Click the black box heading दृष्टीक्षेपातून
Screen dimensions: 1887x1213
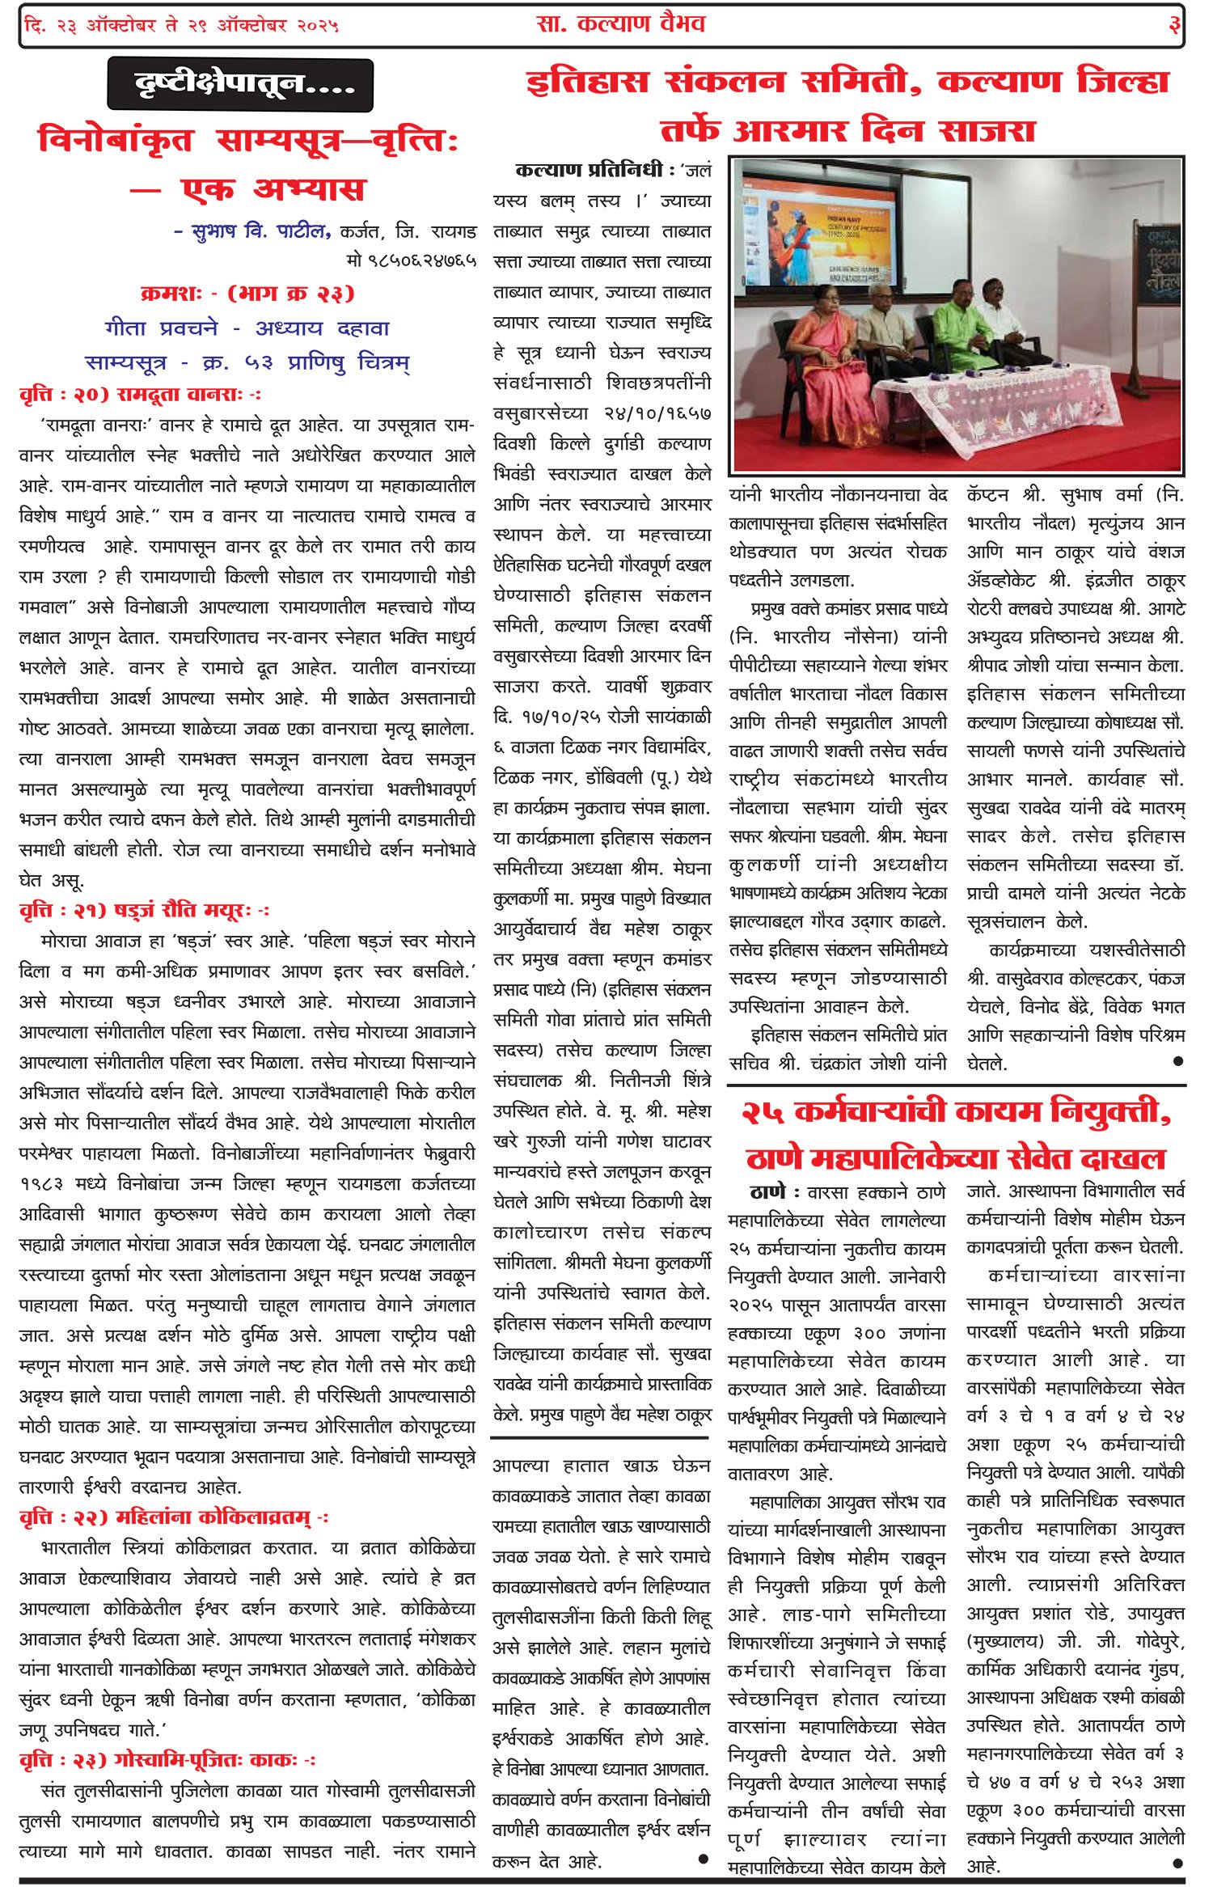[240, 84]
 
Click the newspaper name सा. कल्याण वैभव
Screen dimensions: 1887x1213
[620, 24]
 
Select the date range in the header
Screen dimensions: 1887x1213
[181, 26]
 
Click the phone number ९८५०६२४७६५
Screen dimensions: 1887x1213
[411, 260]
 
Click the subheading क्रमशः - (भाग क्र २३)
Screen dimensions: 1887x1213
[247, 294]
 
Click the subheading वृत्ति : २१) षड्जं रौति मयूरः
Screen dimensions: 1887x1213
[144, 912]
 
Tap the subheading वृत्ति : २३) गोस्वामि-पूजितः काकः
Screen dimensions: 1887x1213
[167, 1761]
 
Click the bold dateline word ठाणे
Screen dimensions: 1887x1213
[767, 1191]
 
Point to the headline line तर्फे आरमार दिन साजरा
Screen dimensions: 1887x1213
[836, 131]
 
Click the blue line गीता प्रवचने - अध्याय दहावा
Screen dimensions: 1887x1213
[247, 328]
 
